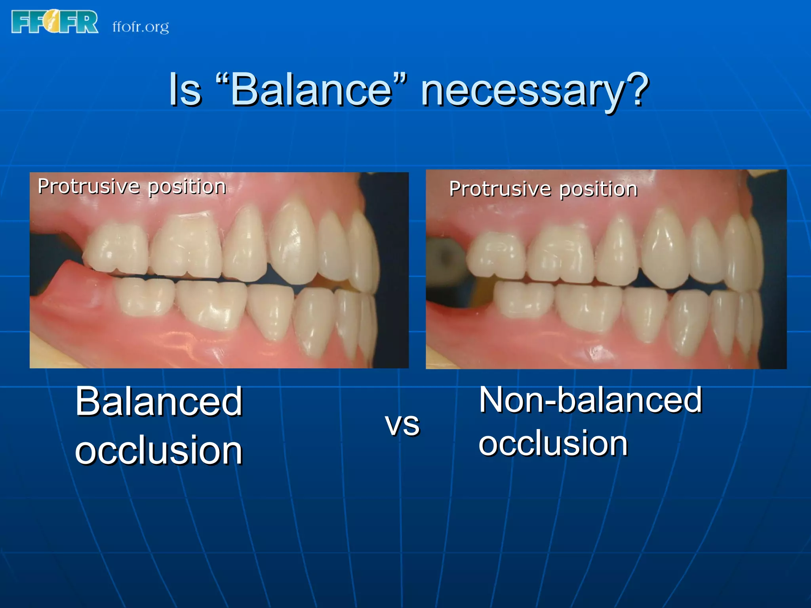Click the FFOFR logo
55,22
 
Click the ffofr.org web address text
141,27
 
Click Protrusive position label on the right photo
543,189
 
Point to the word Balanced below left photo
158,401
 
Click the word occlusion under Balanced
158,450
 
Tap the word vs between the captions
402,424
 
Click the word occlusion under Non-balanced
553,443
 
